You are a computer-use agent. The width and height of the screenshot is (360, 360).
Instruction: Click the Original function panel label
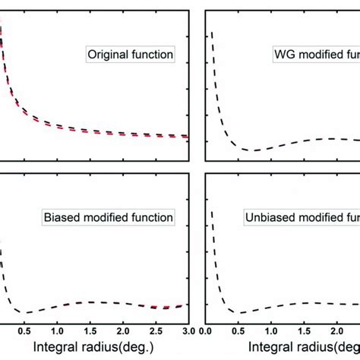click(131, 55)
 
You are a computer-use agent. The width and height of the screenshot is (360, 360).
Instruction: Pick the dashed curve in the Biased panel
click(91, 302)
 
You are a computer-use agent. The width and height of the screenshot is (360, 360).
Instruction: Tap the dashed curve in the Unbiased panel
click(304, 304)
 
